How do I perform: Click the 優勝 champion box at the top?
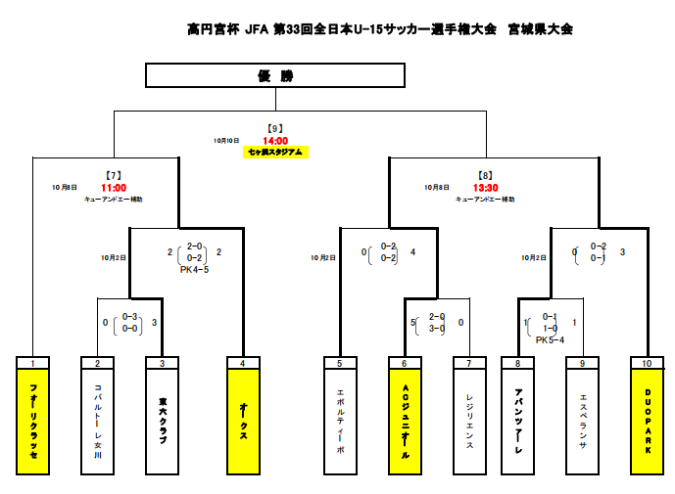(275, 75)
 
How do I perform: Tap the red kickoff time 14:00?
(275, 141)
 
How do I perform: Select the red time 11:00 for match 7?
(114, 188)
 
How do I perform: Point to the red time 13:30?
(486, 188)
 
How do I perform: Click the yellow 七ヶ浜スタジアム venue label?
(275, 153)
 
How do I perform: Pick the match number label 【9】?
(275, 129)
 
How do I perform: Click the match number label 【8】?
(486, 176)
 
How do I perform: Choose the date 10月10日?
(226, 141)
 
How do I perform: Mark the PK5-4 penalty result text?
(550, 340)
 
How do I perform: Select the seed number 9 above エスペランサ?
(583, 363)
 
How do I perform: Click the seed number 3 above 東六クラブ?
(162, 363)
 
